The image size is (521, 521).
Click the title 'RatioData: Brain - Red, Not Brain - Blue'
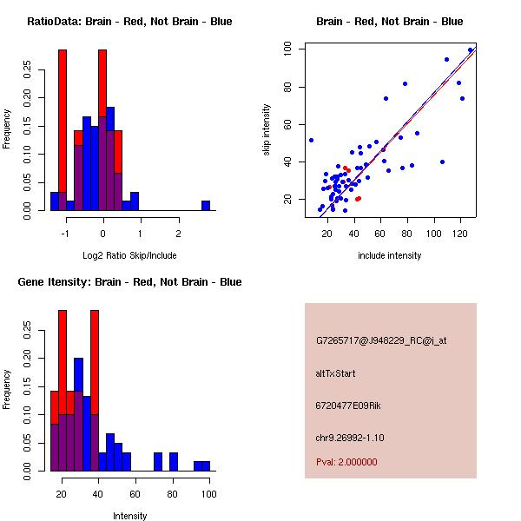pyautogui.click(x=129, y=22)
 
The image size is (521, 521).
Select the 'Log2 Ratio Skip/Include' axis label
pyautogui.click(x=129, y=254)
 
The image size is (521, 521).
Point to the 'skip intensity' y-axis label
pyautogui.click(x=267, y=130)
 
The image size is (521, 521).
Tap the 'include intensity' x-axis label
pyautogui.click(x=390, y=255)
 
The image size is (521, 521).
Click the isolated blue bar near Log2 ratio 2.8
pyautogui.click(x=206, y=206)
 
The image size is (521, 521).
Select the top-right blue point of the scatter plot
pyautogui.click(x=471, y=50)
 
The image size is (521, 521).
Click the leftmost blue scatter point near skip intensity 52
pyautogui.click(x=311, y=140)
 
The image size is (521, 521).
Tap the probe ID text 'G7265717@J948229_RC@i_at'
pyautogui.click(x=381, y=341)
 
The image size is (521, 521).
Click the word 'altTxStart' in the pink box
pyautogui.click(x=335, y=373)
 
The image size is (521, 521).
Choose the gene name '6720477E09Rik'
pyautogui.click(x=349, y=406)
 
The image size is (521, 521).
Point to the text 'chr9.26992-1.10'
pyautogui.click(x=350, y=437)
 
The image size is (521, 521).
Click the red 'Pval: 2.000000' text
pyautogui.click(x=352, y=463)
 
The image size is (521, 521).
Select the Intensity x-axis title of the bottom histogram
pyautogui.click(x=130, y=516)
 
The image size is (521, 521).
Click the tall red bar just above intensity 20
pyautogui.click(x=62, y=347)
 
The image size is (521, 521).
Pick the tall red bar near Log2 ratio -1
pyautogui.click(x=63, y=122)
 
